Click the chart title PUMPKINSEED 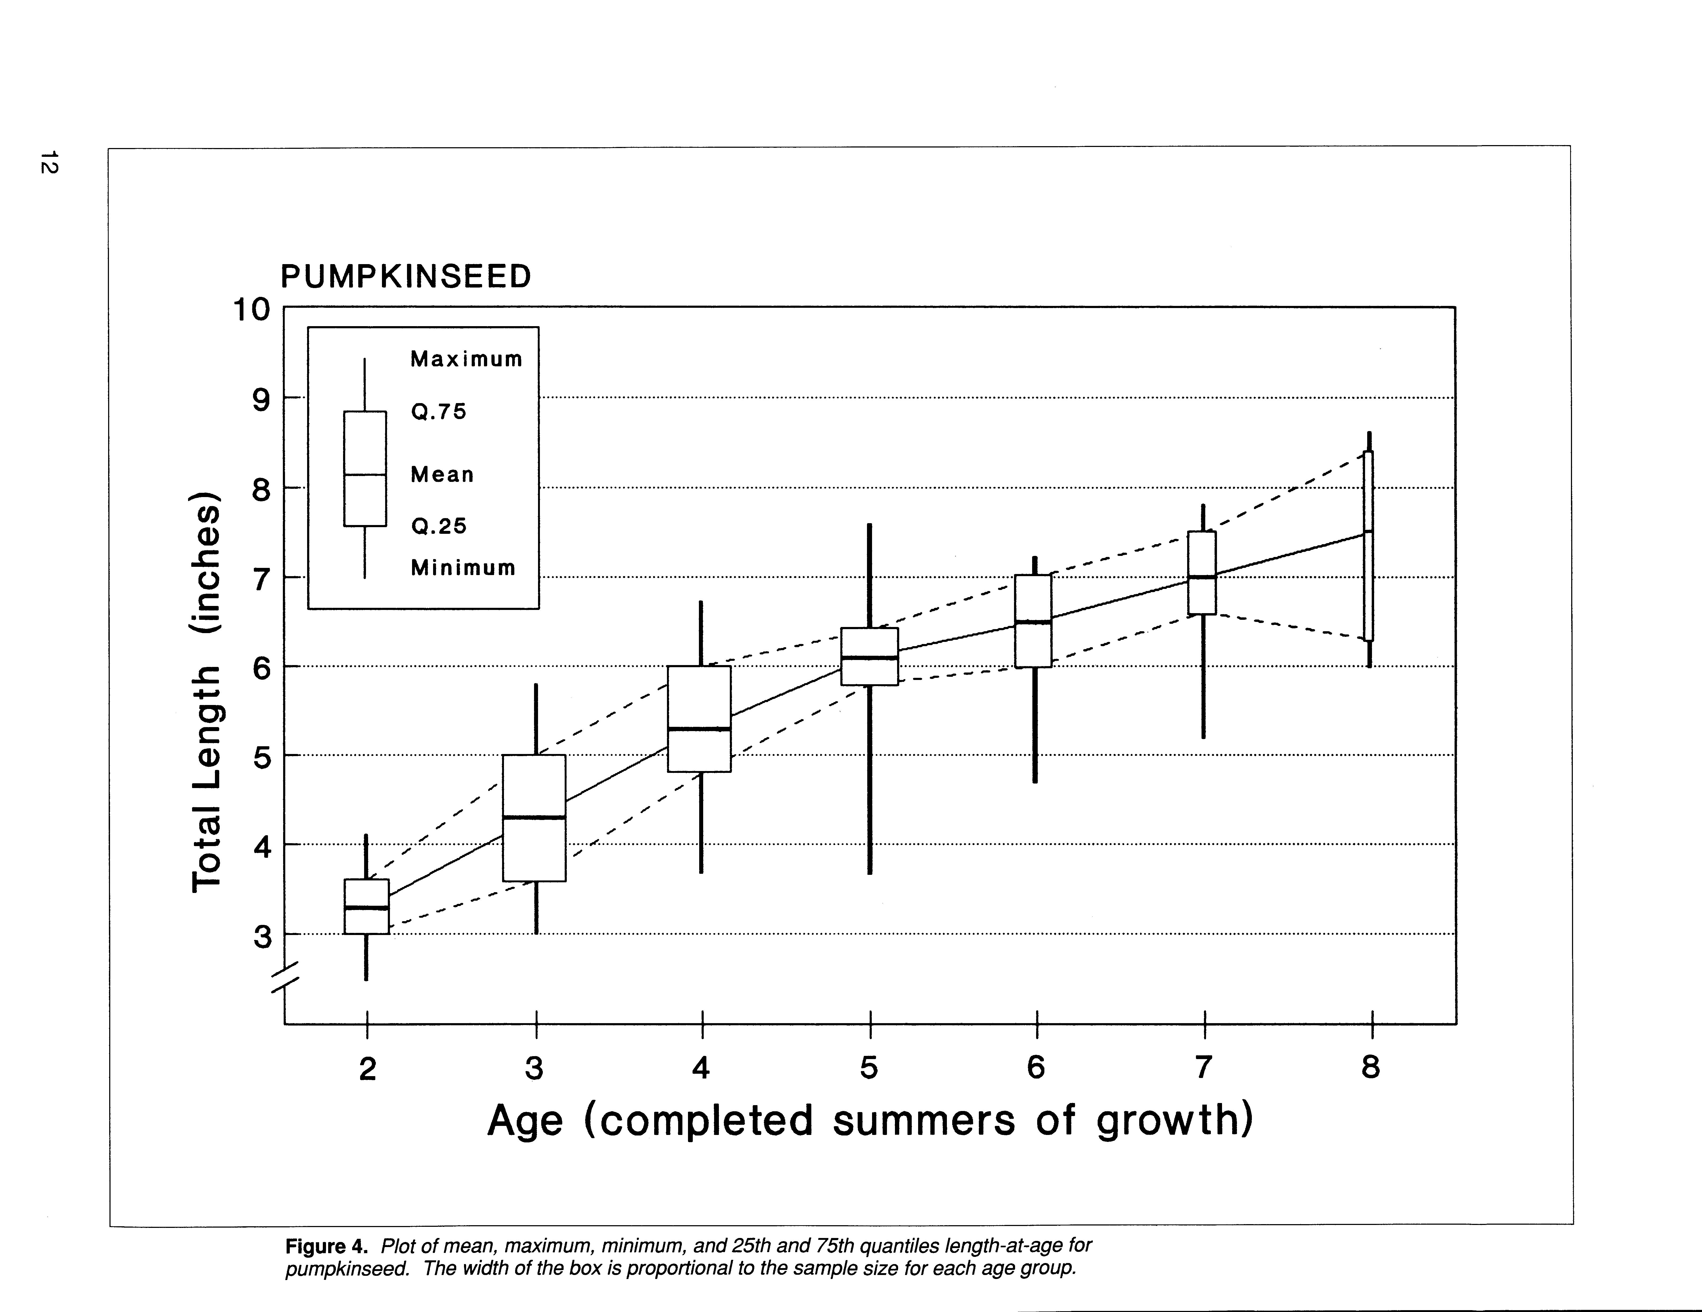coord(405,277)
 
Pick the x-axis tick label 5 coord(869,1067)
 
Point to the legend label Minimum coord(463,568)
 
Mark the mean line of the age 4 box coord(700,728)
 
